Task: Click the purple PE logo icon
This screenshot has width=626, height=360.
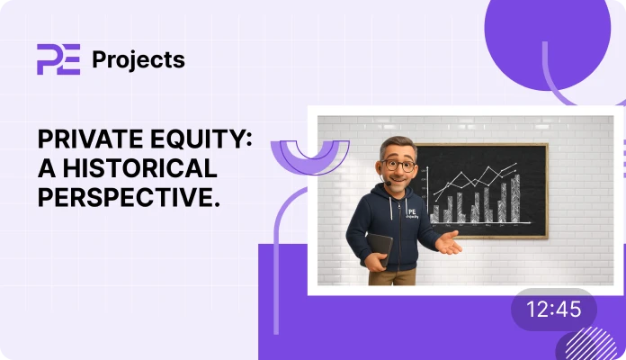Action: tap(58, 59)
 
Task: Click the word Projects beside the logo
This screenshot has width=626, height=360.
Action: tap(139, 60)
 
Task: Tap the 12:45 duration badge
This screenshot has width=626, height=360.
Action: tap(553, 310)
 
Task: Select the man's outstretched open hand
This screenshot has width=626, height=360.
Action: tap(447, 242)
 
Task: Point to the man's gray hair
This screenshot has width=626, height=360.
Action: tap(395, 145)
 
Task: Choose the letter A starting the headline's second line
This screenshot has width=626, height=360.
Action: tap(44, 168)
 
